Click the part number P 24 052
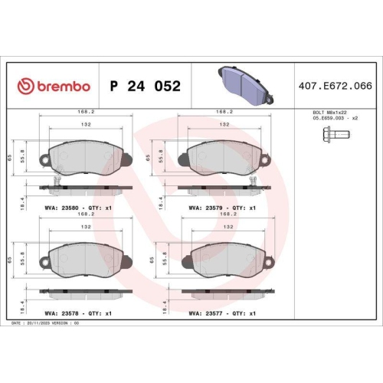pyautogui.click(x=146, y=86)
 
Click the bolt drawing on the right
pyautogui.click(x=332, y=136)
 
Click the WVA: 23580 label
pyautogui.click(x=65, y=208)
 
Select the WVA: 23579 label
pyautogui.click(x=208, y=208)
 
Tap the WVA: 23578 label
pyautogui.click(x=65, y=313)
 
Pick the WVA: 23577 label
pyautogui.click(x=208, y=313)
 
